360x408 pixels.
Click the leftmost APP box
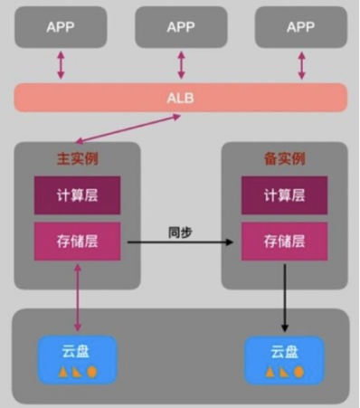point(61,27)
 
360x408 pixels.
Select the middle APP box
point(181,27)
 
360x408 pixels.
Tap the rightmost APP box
point(301,27)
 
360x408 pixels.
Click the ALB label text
point(181,98)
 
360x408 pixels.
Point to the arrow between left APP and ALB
point(61,65)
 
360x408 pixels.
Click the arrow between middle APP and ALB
point(181,65)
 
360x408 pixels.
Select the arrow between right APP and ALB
point(301,65)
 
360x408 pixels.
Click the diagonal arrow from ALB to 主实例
point(128,128)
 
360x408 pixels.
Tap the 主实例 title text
point(78,158)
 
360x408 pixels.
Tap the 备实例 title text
point(285,158)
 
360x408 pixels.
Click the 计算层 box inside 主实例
point(77,195)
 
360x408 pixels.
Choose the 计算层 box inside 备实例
point(284,195)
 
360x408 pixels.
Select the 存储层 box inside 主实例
point(77,242)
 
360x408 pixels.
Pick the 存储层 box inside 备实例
point(284,242)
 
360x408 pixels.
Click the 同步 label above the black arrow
point(180,232)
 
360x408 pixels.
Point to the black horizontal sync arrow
point(180,242)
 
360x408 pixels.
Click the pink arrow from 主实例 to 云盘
point(78,298)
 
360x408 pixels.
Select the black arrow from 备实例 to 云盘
point(285,298)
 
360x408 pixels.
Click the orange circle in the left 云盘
point(92,372)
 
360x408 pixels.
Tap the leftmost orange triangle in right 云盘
point(270,372)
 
